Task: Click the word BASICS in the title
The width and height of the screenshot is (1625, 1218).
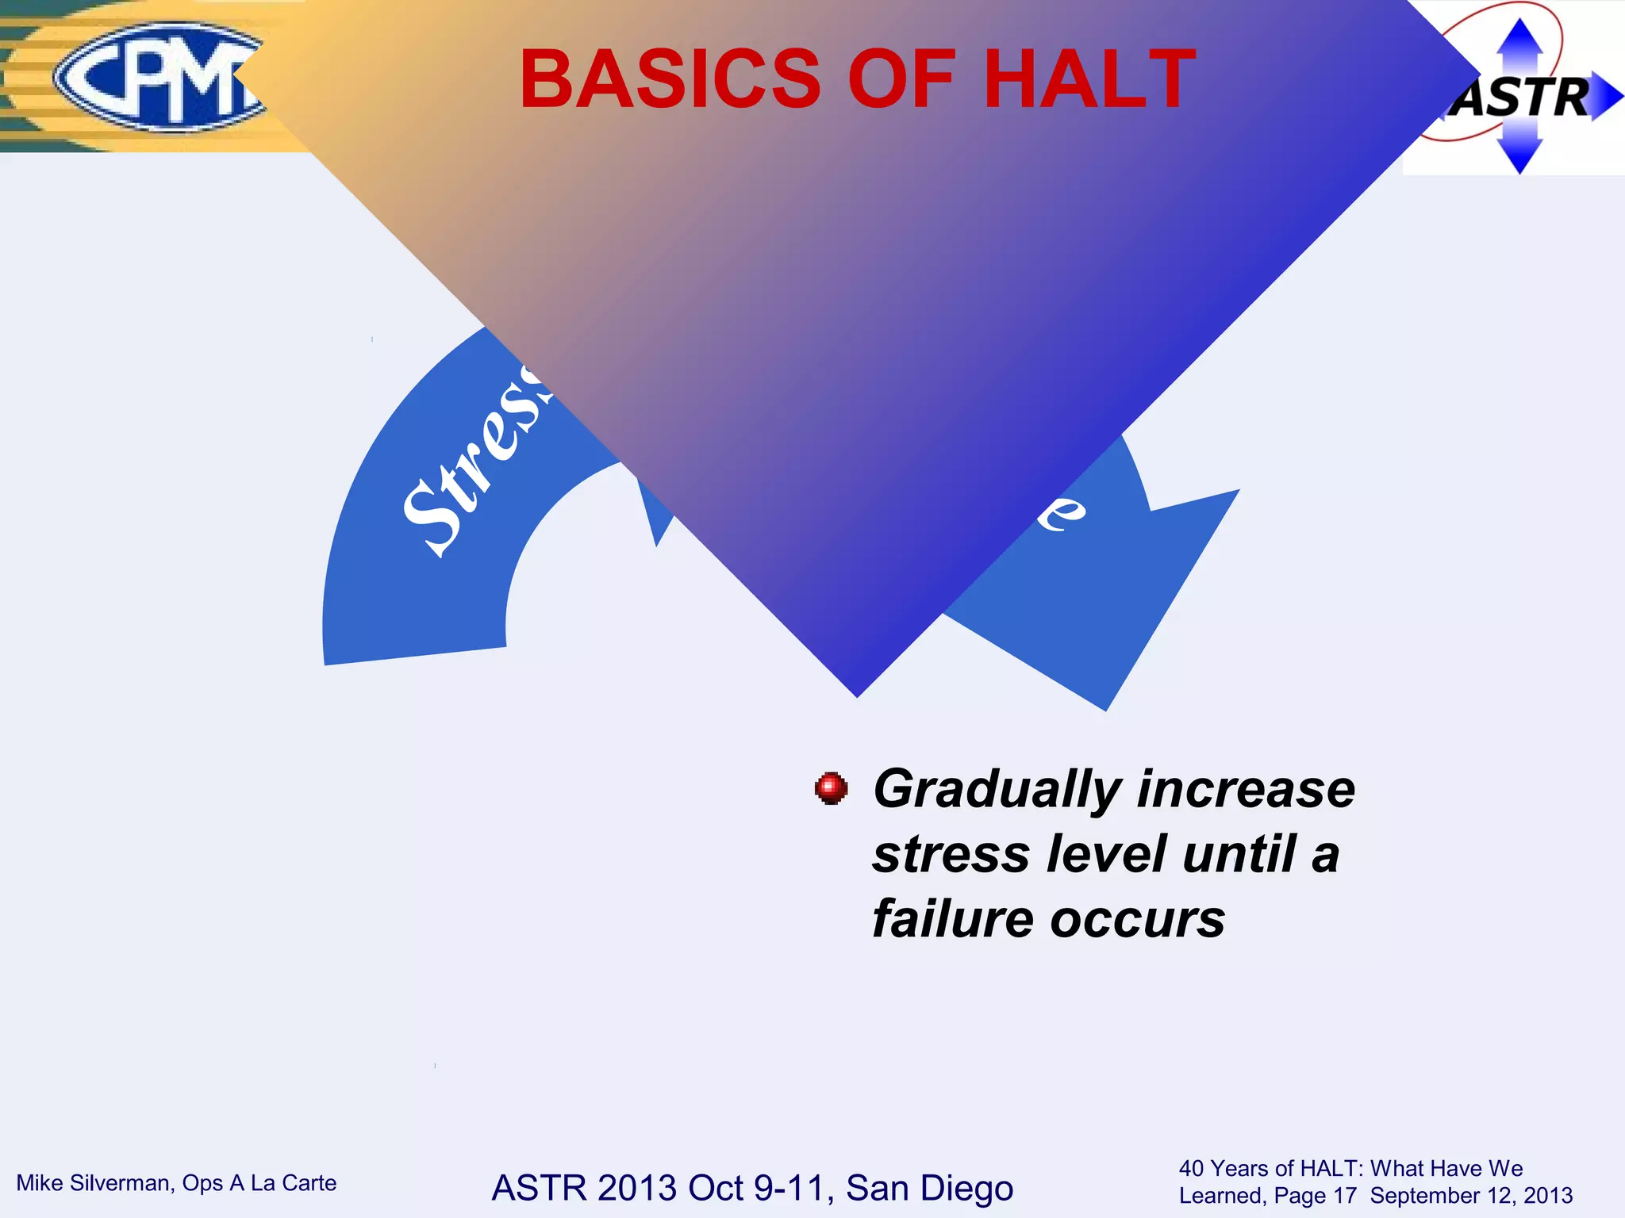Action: point(670,79)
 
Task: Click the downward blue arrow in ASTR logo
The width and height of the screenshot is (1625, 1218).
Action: point(1519,155)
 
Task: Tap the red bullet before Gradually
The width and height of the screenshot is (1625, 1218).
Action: point(831,788)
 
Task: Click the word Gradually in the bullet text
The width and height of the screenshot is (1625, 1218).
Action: point(997,790)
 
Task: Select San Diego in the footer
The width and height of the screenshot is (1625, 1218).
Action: point(929,1188)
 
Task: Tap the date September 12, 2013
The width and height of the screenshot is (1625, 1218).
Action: point(1471,1196)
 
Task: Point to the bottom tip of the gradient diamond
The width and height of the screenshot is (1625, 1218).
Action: point(857,695)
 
